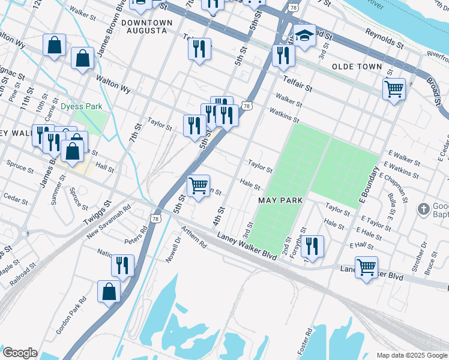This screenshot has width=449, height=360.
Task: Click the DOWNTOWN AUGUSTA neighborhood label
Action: click(x=146, y=26)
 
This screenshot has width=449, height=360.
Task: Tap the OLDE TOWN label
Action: click(x=357, y=66)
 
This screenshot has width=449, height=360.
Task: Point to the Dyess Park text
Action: click(x=81, y=107)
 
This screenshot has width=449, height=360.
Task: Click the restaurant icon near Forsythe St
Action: click(x=312, y=246)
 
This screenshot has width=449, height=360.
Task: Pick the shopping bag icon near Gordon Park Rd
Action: click(x=109, y=292)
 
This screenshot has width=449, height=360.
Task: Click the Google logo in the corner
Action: click(x=19, y=353)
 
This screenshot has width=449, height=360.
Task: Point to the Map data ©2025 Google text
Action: click(x=412, y=355)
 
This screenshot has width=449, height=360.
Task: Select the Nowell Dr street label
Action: click(x=173, y=251)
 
